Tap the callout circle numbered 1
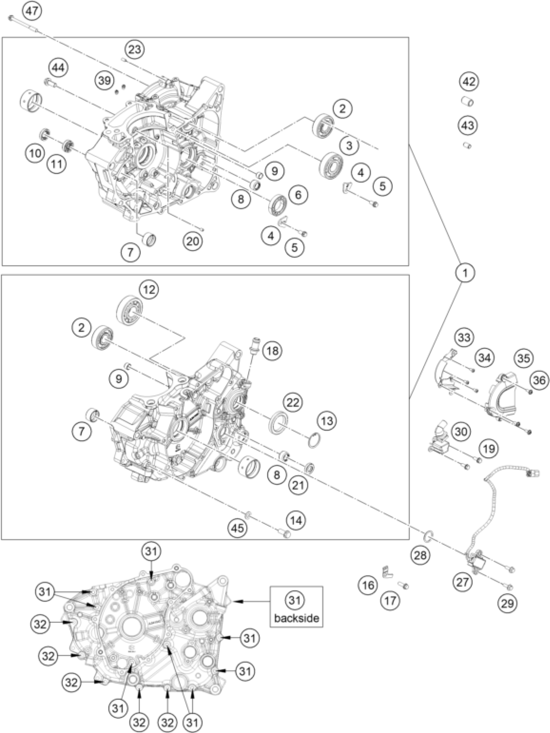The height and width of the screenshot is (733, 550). pos(465,273)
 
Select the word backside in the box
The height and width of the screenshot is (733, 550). pos(296,618)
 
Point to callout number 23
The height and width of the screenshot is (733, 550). pos(135,49)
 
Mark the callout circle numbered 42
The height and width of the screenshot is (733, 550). pos(469,81)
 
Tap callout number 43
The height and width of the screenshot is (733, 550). pos(467,125)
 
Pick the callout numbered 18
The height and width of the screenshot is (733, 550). pos(272,350)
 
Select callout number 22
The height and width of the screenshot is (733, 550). pos(293,403)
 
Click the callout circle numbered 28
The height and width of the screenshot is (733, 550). pos(420,555)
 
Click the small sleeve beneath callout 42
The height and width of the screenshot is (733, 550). pos(467,101)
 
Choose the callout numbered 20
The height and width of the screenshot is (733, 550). pos(192,241)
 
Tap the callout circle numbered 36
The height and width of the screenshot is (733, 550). pos(539,380)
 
